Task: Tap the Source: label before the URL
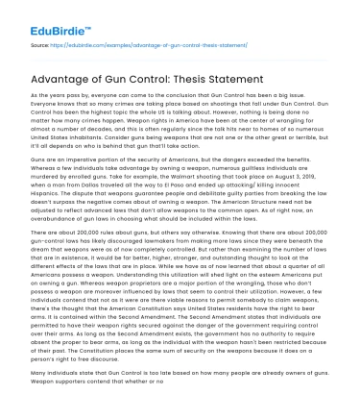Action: pos(41,43)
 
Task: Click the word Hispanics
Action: pos(50,180)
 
